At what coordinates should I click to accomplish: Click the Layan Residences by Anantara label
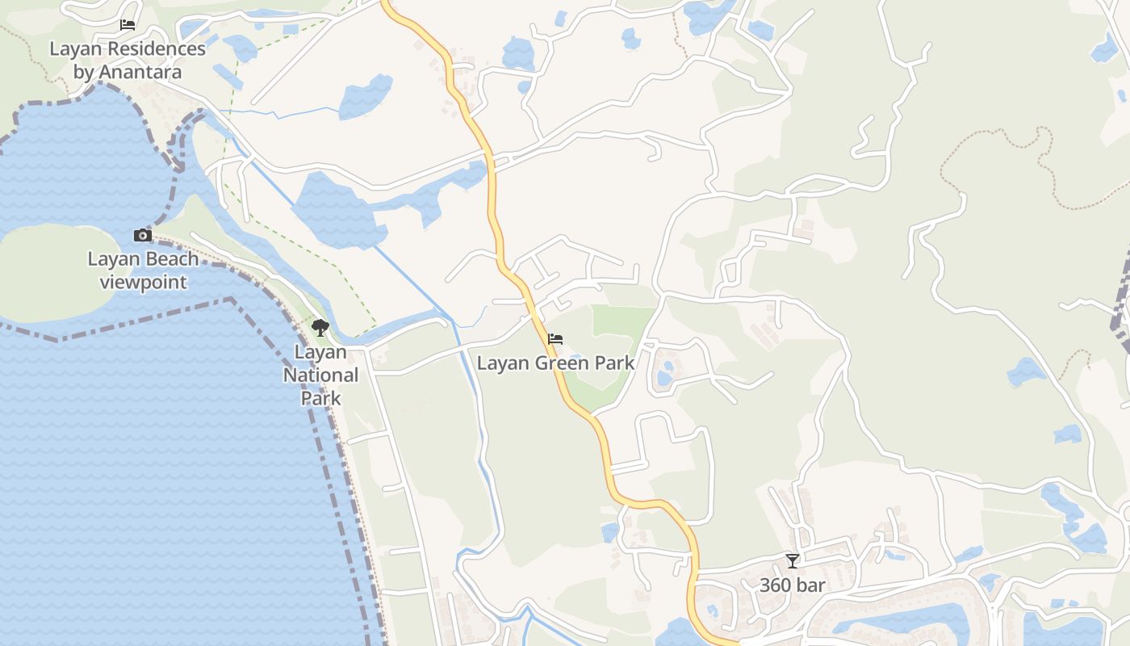(x=128, y=61)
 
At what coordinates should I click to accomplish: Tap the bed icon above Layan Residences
(x=128, y=25)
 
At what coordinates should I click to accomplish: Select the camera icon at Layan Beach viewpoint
(x=143, y=235)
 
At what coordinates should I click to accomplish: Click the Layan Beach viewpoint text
(x=143, y=271)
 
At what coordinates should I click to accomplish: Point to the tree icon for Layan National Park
(x=320, y=328)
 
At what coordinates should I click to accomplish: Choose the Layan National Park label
(x=320, y=375)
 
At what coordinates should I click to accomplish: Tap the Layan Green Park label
(x=555, y=363)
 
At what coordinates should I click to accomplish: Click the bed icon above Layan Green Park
(x=555, y=339)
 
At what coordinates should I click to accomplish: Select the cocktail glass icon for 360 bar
(x=793, y=560)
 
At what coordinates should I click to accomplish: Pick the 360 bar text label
(x=793, y=585)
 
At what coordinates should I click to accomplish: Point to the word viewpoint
(x=143, y=283)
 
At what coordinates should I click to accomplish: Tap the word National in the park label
(x=320, y=375)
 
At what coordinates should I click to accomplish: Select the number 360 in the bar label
(x=777, y=585)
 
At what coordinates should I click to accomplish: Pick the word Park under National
(x=320, y=398)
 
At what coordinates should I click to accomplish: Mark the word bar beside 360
(x=812, y=585)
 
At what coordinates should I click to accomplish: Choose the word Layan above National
(x=320, y=352)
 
